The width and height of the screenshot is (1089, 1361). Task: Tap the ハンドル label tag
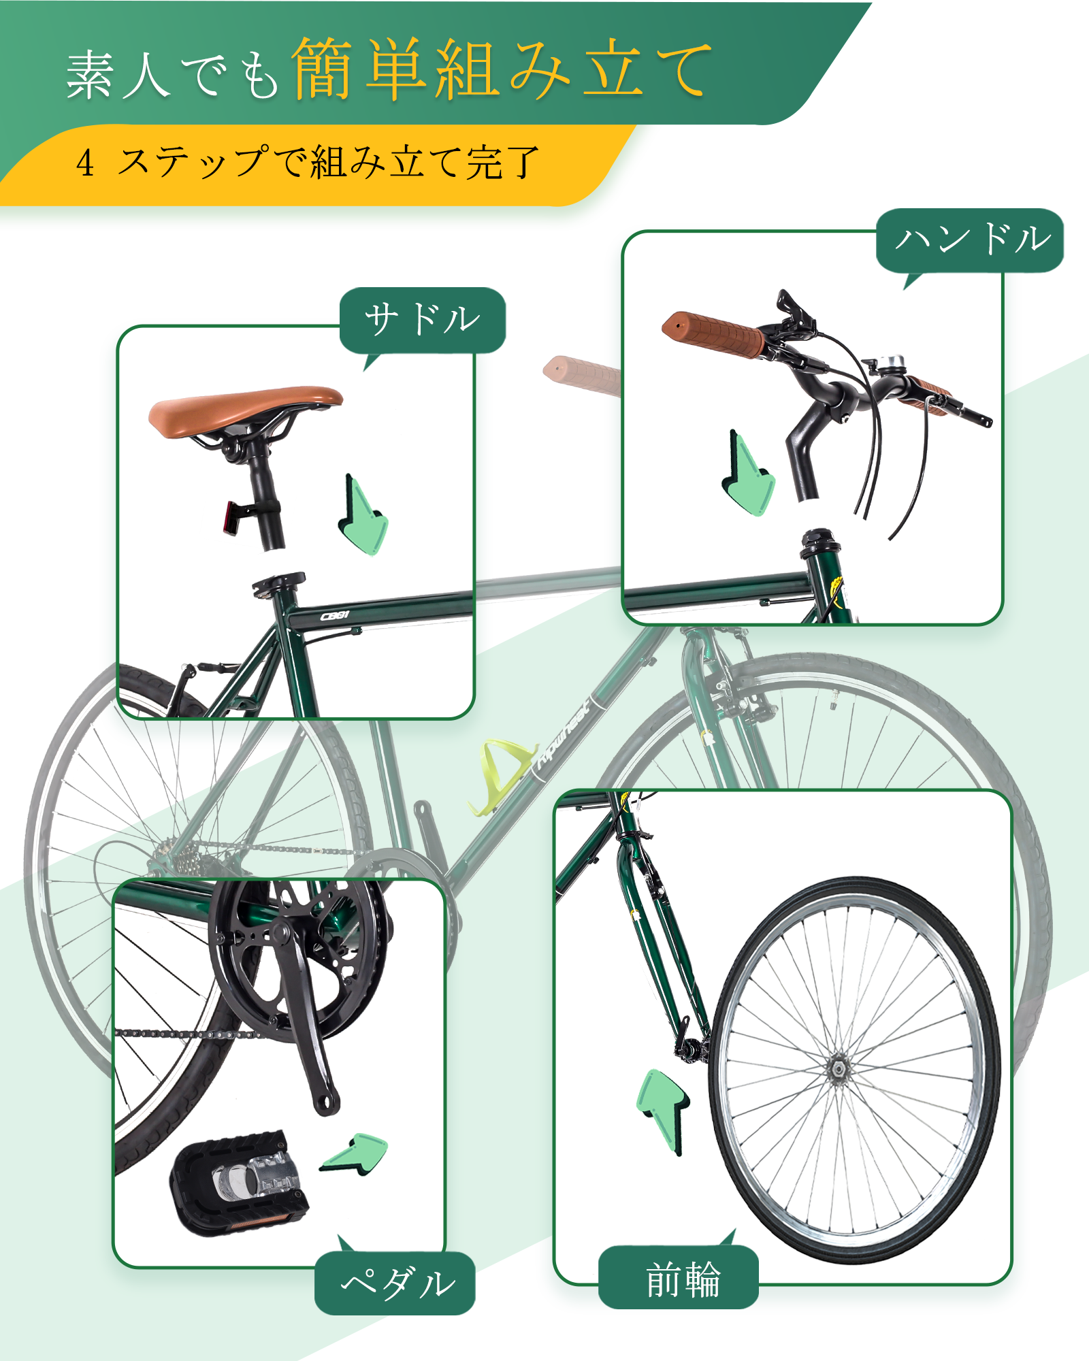[970, 240]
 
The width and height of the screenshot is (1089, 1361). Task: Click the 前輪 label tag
[679, 1277]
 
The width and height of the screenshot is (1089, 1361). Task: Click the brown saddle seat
[245, 410]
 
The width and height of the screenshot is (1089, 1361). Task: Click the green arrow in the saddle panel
[363, 515]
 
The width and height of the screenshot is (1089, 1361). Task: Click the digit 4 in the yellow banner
[85, 163]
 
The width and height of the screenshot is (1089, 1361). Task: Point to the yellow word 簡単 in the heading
[361, 68]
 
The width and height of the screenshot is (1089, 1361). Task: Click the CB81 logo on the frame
[335, 616]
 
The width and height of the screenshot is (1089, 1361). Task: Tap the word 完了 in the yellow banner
[502, 163]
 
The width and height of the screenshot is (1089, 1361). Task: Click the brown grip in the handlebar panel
[713, 335]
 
